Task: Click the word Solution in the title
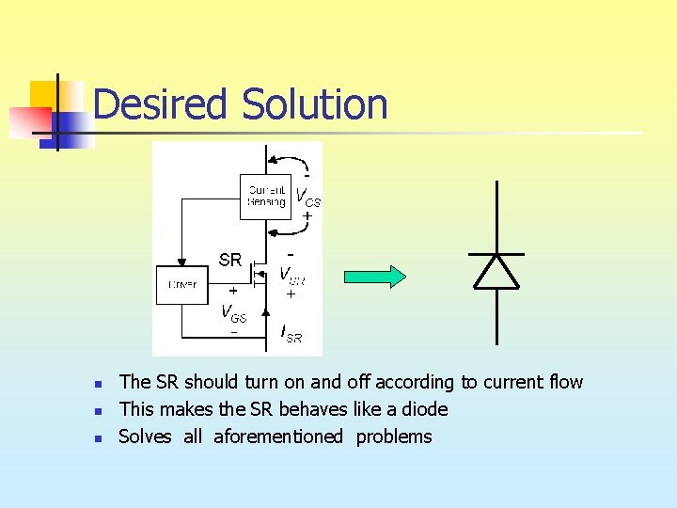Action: pos(315,104)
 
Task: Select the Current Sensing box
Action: pos(266,197)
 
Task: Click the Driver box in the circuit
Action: pos(181,284)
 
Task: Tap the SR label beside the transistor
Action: pos(230,259)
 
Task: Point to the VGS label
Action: pos(233,312)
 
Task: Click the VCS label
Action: pos(308,198)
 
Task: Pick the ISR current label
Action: pos(291,333)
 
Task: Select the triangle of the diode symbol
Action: pos(496,271)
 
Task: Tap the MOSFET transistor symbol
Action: pos(258,274)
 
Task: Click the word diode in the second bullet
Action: pos(424,409)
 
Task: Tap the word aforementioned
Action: pos(278,437)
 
